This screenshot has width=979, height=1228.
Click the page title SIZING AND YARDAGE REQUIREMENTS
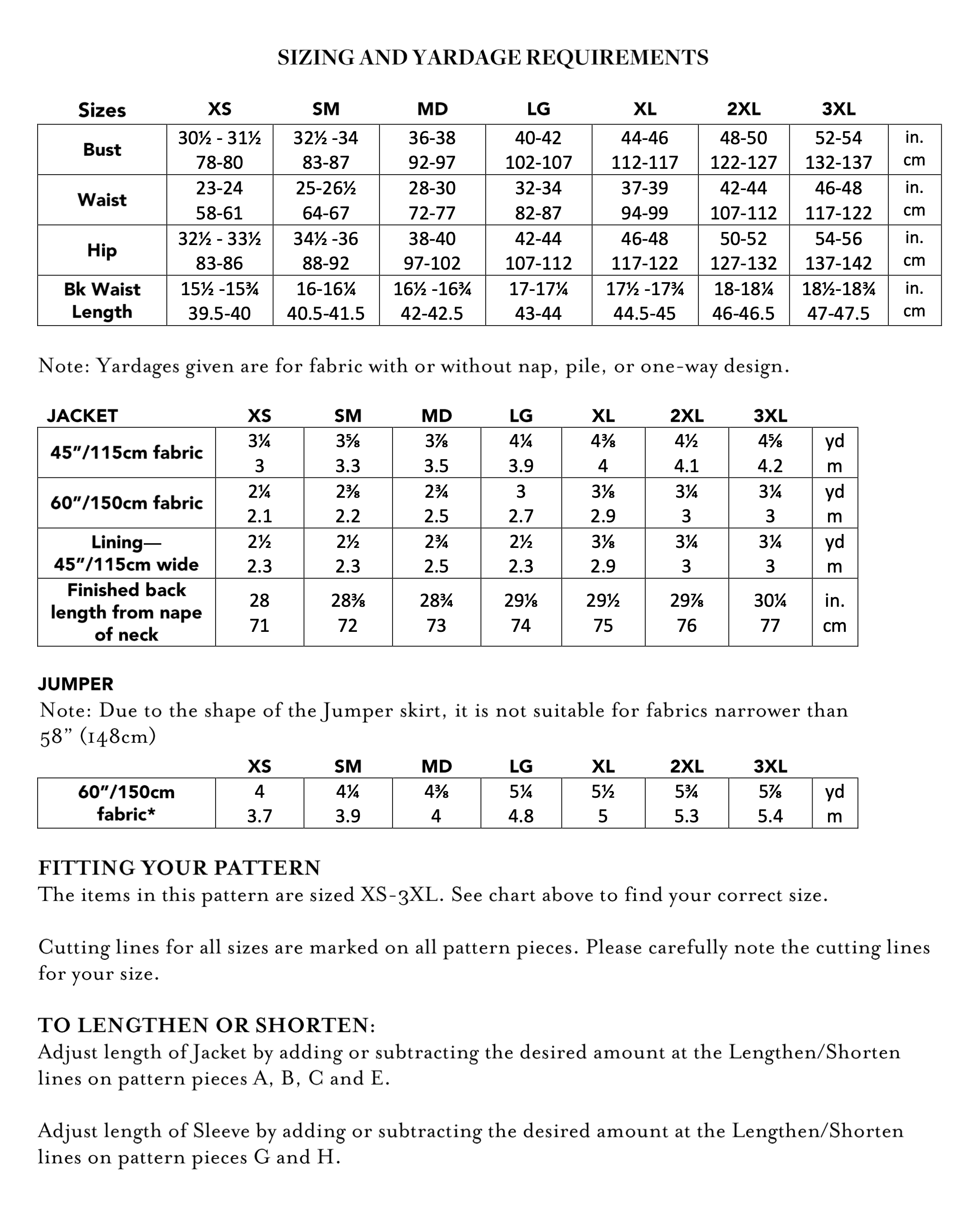(492, 57)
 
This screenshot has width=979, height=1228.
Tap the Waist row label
(102, 200)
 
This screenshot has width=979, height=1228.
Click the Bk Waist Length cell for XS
(219, 301)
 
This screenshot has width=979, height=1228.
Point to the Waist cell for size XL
(645, 200)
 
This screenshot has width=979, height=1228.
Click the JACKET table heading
(82, 416)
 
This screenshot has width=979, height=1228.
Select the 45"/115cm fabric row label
(126, 453)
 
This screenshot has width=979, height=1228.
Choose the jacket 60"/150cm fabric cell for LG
(520, 503)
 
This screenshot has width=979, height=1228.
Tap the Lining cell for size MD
(436, 553)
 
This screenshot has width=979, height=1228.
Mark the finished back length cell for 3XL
(770, 612)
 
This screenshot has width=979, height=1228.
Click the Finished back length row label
(126, 612)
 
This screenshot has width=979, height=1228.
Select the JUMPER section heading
(76, 683)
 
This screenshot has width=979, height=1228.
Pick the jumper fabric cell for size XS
(259, 803)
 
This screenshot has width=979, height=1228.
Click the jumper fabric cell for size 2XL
(686, 803)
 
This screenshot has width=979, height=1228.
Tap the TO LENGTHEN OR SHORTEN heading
(206, 1025)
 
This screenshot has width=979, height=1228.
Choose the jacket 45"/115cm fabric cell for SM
(347, 453)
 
